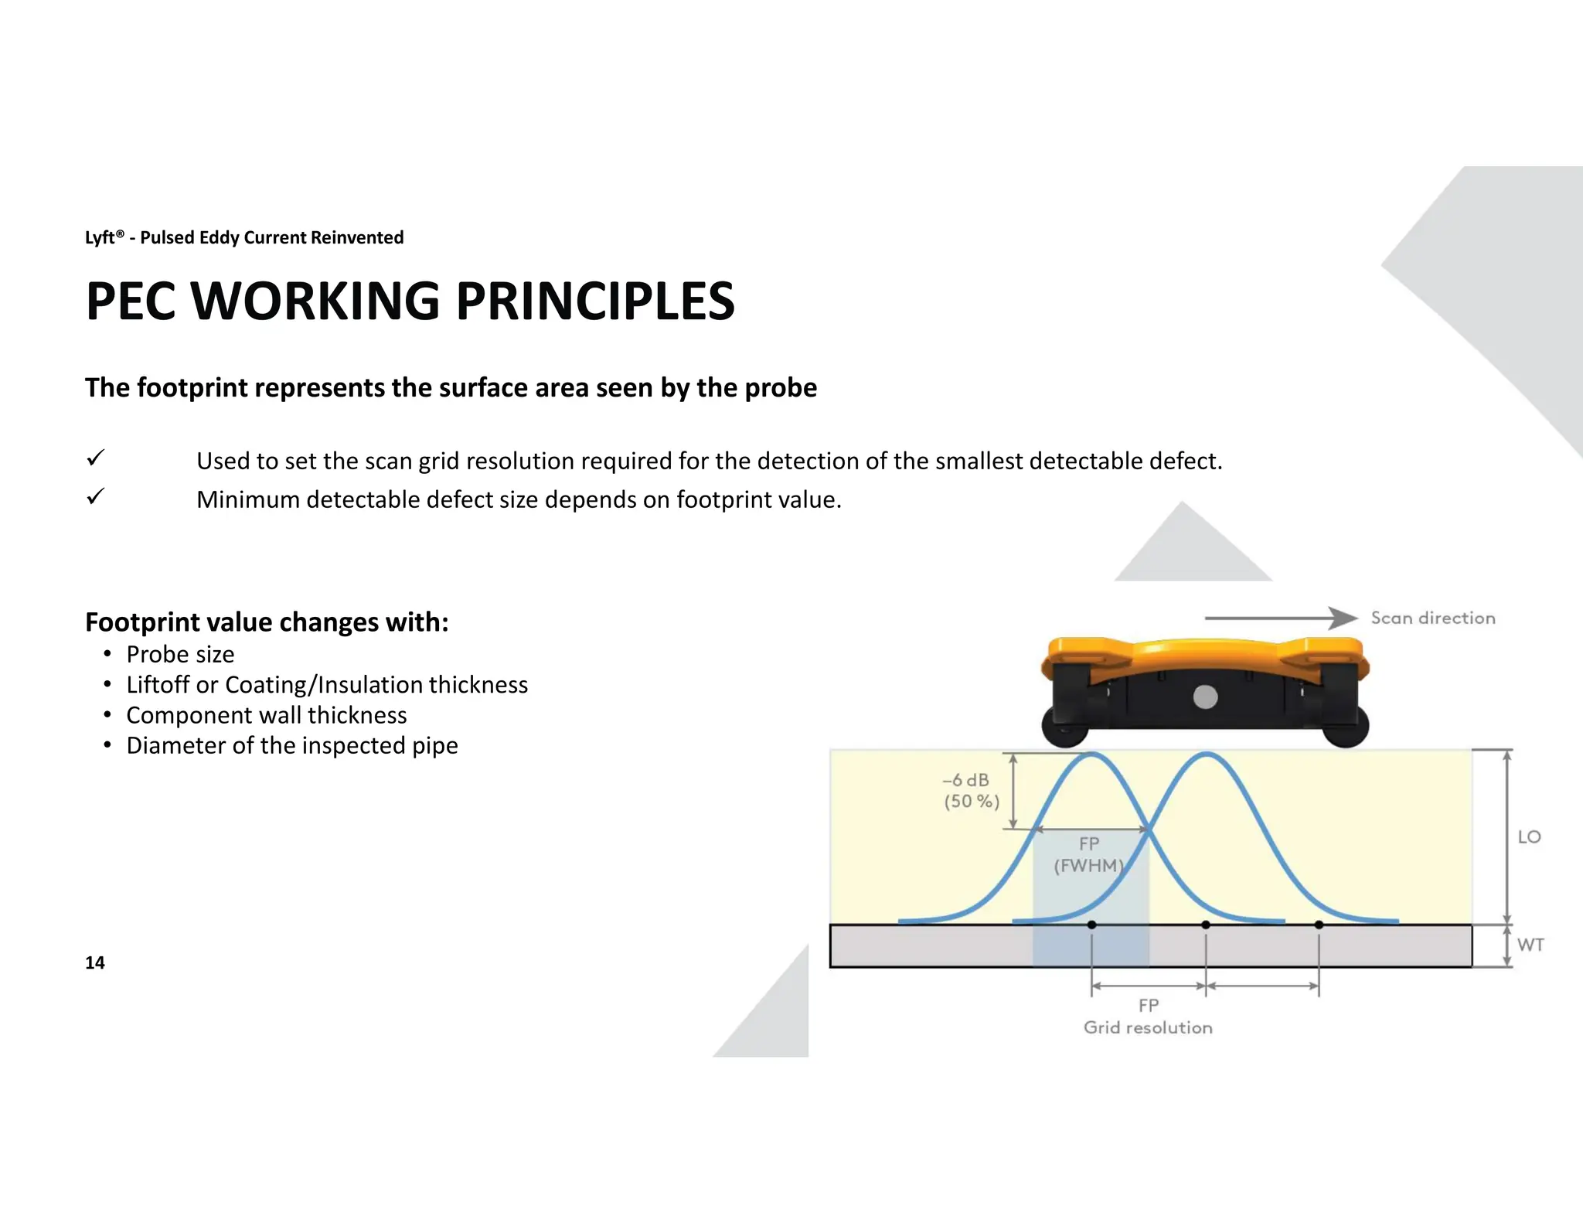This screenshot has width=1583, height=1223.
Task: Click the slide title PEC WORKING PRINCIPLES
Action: (410, 301)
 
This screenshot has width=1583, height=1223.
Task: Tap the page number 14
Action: (94, 962)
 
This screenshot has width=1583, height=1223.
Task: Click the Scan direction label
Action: (1432, 618)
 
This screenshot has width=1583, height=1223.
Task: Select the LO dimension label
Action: (1529, 836)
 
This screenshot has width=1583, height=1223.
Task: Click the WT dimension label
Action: (1530, 945)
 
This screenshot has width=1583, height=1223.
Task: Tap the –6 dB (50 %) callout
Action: (971, 791)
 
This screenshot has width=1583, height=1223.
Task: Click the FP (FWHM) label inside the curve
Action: (1088, 854)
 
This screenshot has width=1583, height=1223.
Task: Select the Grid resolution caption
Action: (1148, 1027)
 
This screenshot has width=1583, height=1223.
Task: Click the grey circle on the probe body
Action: (1205, 697)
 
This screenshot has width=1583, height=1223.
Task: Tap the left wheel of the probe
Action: (1064, 727)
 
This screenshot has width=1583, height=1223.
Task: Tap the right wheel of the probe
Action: (1346, 727)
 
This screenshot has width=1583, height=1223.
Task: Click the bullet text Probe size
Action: (180, 655)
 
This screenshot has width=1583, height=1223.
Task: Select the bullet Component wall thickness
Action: (267, 715)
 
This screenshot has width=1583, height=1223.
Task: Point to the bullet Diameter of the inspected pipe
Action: (292, 745)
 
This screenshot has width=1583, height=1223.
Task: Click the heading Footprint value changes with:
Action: (267, 622)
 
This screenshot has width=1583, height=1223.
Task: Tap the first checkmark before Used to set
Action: (95, 458)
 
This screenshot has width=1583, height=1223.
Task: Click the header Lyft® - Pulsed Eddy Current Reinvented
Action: (244, 237)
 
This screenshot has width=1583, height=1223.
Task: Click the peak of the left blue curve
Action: (1091, 754)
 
